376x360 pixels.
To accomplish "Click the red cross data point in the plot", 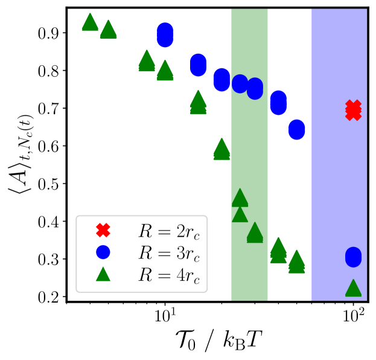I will (x=353, y=110).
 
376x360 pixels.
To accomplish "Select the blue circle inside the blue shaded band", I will (x=353, y=257).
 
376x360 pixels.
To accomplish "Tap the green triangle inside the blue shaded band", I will (x=353, y=288).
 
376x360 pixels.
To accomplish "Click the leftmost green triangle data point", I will (x=90, y=22).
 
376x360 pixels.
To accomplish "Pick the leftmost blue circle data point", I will (x=165, y=34).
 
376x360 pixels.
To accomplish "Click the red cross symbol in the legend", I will (x=103, y=230).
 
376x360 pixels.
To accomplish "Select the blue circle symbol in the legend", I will (x=103, y=252).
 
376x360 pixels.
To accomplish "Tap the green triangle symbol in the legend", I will (x=103, y=274).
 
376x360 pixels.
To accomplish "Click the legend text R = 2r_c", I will (x=168, y=231).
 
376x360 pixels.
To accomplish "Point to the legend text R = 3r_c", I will (x=168, y=253).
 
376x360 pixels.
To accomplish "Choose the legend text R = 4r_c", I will (x=168, y=275).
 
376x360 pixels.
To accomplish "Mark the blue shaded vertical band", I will (x=339, y=181).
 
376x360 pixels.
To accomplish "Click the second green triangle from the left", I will (x=108, y=29).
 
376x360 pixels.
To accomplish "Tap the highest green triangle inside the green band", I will (x=240, y=198).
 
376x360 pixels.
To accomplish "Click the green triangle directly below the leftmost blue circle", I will (x=165, y=71).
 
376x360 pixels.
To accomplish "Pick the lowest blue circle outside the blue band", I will (x=296, y=129).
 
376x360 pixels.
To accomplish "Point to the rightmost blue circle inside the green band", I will (x=255, y=89).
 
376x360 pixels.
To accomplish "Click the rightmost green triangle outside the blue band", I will (x=296, y=262).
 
